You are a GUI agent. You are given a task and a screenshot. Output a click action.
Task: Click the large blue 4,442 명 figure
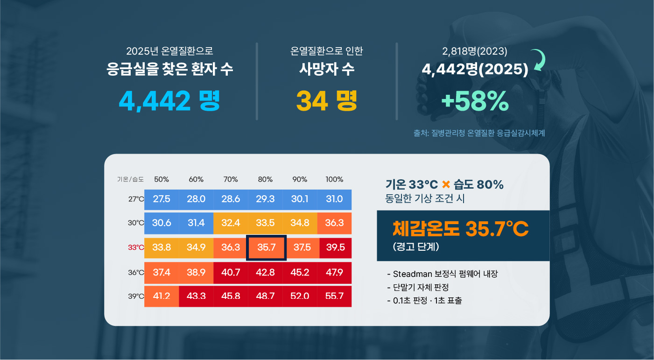(x=169, y=101)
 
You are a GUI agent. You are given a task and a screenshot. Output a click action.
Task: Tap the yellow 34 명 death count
(x=326, y=101)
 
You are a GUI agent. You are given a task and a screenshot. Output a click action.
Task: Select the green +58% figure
(x=475, y=101)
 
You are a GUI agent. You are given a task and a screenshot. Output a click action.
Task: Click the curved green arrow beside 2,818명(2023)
(x=539, y=60)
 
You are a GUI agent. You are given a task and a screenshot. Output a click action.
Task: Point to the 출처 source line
(x=479, y=133)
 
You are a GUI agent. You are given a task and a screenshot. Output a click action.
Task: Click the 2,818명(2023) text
(x=474, y=51)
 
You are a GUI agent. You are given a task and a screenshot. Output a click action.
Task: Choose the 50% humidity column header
(x=162, y=179)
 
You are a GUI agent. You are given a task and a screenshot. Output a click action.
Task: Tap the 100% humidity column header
(x=334, y=179)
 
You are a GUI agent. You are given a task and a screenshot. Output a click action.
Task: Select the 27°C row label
(x=136, y=199)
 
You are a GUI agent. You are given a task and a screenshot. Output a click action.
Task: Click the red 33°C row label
(x=136, y=247)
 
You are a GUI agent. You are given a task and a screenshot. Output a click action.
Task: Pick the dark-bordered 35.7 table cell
(x=266, y=247)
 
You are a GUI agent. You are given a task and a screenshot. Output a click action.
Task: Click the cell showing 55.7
(x=334, y=296)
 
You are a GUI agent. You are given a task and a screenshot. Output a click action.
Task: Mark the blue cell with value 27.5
(x=162, y=199)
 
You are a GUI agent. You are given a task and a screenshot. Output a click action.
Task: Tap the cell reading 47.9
(x=334, y=272)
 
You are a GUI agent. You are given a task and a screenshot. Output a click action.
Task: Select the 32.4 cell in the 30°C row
(x=231, y=223)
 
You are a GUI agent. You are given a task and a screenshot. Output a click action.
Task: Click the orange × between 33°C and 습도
(x=446, y=184)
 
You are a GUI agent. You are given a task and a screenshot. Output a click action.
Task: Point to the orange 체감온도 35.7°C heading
(x=460, y=229)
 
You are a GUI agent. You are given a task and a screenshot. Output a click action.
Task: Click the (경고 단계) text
(x=416, y=247)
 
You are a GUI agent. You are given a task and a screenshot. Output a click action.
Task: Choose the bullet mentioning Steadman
(x=443, y=274)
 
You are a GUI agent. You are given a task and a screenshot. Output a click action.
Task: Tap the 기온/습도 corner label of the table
(x=130, y=179)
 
